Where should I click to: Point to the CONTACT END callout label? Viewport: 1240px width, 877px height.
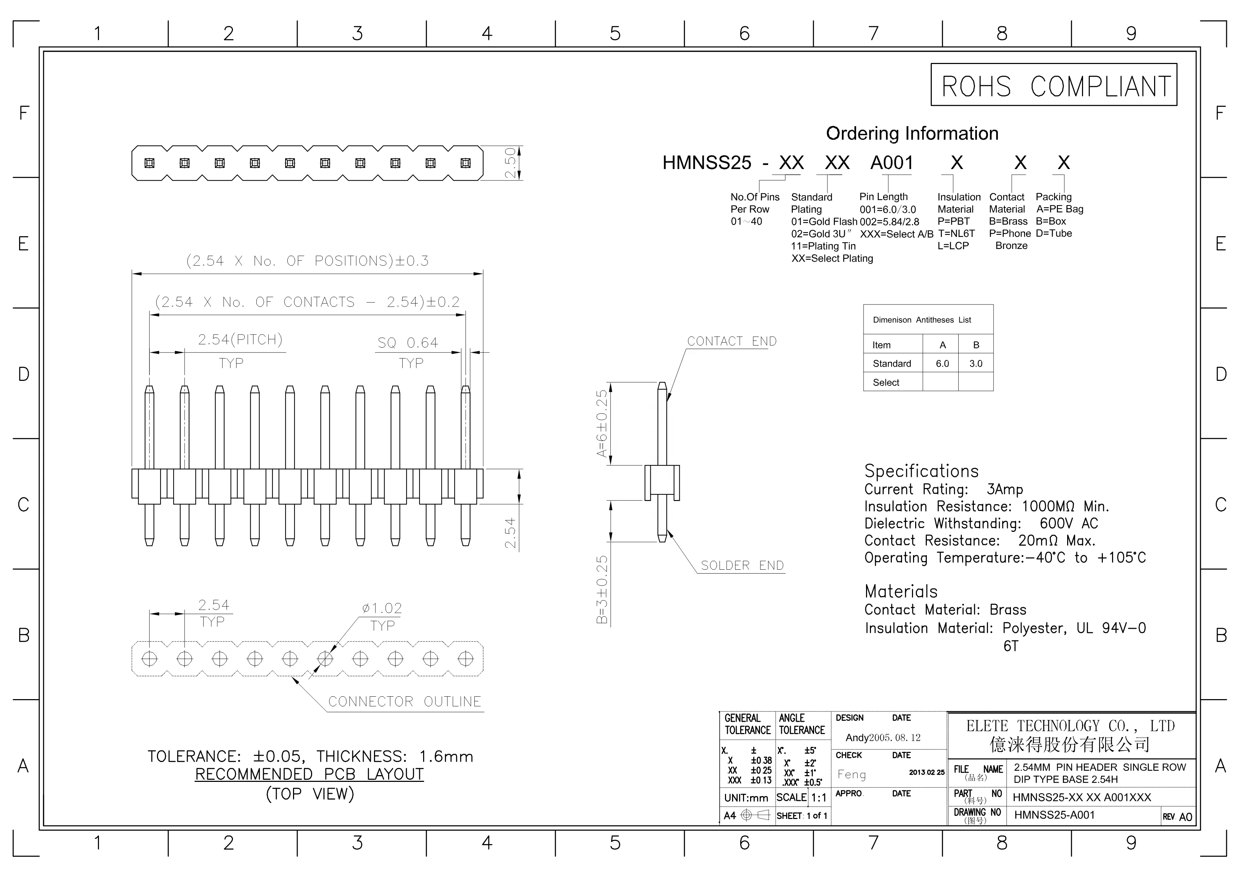tap(731, 342)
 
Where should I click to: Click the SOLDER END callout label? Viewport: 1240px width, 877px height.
tap(742, 566)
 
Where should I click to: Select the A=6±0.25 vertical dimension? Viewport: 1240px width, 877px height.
tap(602, 424)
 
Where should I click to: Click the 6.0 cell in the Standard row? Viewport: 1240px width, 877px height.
tap(942, 364)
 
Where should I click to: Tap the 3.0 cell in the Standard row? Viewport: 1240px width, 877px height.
tap(975, 364)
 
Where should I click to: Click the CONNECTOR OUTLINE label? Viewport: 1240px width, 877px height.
tap(404, 702)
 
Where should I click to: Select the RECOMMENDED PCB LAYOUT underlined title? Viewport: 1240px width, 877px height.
tap(309, 774)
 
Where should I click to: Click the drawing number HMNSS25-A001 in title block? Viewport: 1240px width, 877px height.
tap(1054, 815)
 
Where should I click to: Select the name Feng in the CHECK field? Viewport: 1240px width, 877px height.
tap(851, 774)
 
